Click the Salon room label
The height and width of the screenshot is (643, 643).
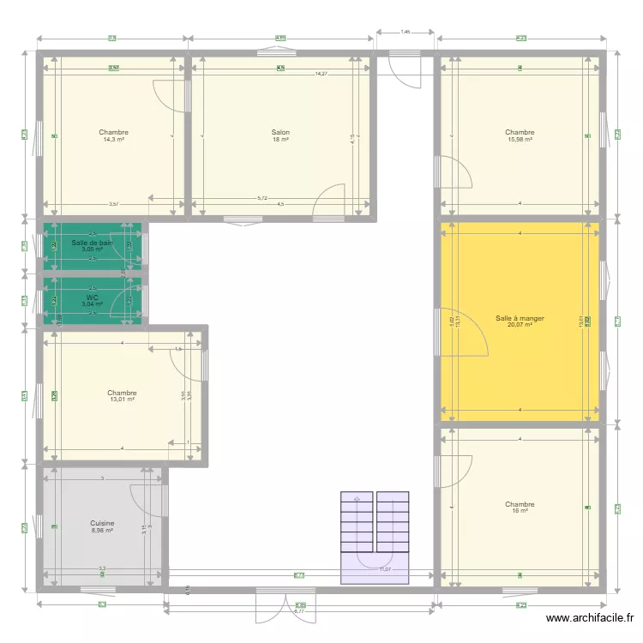(280, 133)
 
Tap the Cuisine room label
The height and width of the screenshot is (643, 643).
(102, 523)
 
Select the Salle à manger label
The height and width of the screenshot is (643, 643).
(520, 318)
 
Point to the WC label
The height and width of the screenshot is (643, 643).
(93, 297)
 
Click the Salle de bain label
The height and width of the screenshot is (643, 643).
(92, 243)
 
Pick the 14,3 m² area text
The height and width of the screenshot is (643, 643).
(113, 140)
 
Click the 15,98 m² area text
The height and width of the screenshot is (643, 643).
(520, 140)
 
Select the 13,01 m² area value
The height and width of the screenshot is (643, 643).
(122, 400)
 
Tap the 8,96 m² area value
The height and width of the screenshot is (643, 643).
(102, 531)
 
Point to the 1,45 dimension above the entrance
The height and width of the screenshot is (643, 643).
(406, 32)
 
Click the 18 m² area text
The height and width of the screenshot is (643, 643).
(280, 140)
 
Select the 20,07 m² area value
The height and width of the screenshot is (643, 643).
(520, 325)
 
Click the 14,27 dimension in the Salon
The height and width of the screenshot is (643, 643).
(321, 74)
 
